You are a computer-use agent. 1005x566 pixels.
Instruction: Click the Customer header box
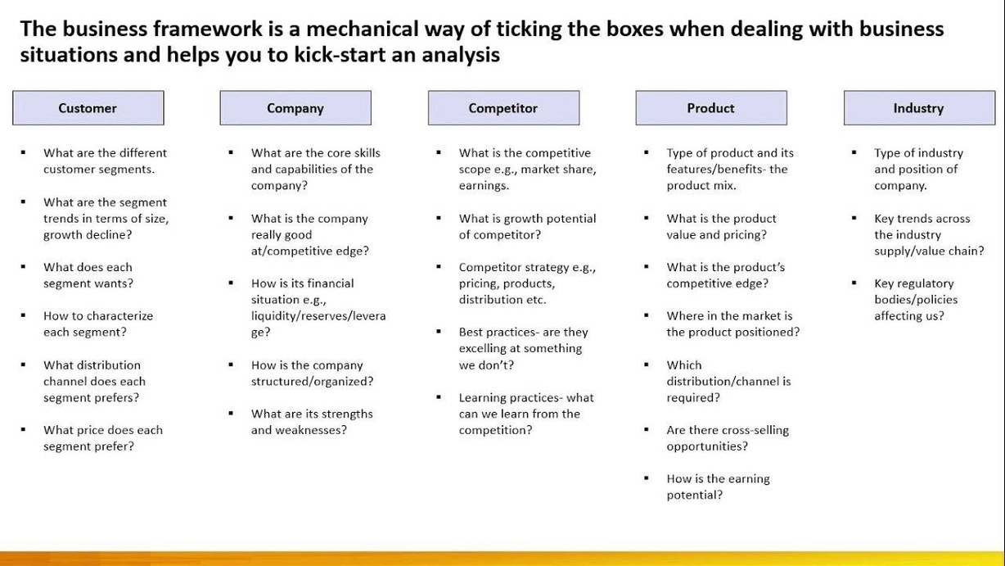88,108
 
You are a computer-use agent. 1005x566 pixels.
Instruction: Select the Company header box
295,108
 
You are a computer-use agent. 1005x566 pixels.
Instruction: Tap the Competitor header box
503,108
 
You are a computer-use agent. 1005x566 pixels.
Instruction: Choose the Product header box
710,108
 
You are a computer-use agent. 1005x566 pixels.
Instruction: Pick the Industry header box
918,108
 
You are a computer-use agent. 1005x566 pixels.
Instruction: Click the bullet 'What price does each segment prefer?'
102,438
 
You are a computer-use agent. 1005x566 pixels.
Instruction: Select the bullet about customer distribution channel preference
94,381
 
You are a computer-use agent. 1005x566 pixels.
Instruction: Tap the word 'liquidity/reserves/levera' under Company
318,315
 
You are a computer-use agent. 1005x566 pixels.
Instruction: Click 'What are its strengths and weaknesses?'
312,422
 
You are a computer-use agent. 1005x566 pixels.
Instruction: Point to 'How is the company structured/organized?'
312,373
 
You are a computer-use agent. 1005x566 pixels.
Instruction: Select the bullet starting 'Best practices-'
523,348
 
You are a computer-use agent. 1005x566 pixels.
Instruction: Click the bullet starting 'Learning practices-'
526,414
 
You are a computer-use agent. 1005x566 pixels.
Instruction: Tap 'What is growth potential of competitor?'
527,226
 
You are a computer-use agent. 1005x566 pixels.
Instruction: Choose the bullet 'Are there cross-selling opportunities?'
728,438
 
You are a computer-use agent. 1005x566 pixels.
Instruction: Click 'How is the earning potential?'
718,487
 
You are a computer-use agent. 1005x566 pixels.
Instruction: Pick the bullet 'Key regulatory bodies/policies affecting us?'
915,299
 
